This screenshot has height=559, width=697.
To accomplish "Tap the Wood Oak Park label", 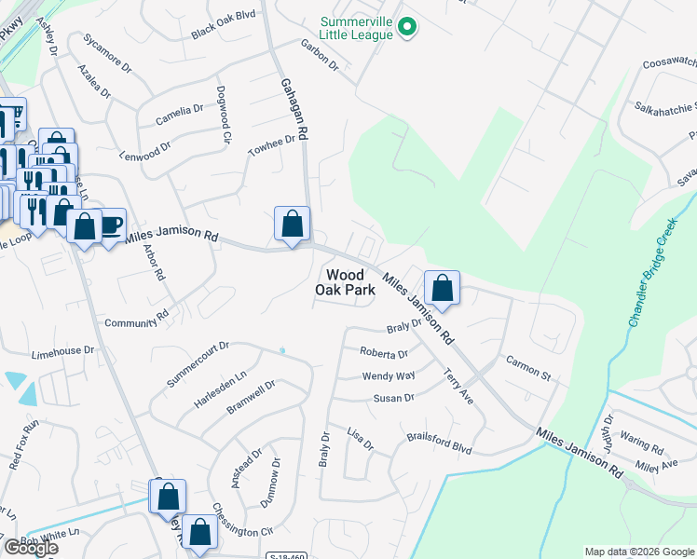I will [x=350, y=281].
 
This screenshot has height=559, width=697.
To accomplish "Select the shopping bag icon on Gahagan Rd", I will [x=293, y=225].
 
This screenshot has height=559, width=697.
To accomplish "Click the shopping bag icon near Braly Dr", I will [x=443, y=287].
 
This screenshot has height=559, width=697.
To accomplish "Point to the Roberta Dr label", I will [x=384, y=354].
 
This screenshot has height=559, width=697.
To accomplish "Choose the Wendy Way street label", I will [x=388, y=376].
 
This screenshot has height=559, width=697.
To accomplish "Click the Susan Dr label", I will [x=393, y=398].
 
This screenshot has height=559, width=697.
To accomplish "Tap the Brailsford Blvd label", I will [x=439, y=443].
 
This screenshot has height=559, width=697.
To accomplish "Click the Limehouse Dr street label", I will [x=63, y=352].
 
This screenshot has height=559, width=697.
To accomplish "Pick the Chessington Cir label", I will [x=241, y=526].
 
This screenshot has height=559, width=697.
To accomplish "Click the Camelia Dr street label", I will [x=179, y=115].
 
